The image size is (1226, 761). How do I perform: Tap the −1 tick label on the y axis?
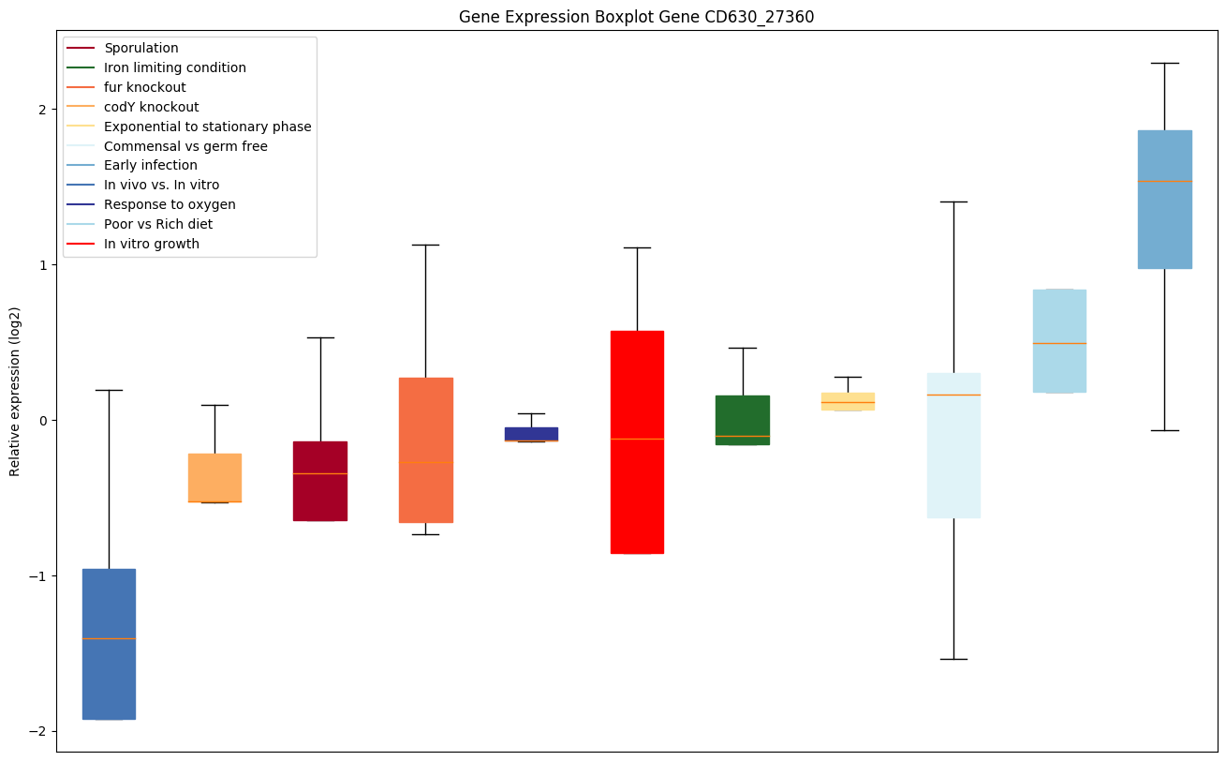(x=40, y=575)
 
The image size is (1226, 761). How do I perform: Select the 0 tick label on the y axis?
(x=44, y=420)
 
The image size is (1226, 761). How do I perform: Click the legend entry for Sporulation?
(x=141, y=48)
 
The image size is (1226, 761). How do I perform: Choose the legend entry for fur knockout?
(x=145, y=87)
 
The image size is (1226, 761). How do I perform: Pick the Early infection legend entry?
(x=151, y=166)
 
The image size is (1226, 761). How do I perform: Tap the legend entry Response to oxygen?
(x=170, y=204)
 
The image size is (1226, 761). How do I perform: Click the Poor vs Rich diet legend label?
(x=158, y=224)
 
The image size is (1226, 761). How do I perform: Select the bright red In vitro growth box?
(x=637, y=442)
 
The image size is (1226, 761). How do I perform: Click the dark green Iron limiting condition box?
(x=743, y=420)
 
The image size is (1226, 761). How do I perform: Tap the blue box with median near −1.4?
(x=109, y=644)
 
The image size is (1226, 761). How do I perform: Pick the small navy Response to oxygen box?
(x=531, y=434)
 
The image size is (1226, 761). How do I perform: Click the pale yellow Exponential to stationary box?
(x=848, y=401)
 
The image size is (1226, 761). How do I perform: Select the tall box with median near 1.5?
(x=1164, y=200)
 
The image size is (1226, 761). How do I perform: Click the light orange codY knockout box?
(x=214, y=478)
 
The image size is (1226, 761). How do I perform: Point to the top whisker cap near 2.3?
(x=1164, y=63)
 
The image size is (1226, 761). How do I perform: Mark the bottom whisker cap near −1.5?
(x=953, y=659)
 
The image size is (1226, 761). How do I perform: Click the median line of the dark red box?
(x=320, y=473)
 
